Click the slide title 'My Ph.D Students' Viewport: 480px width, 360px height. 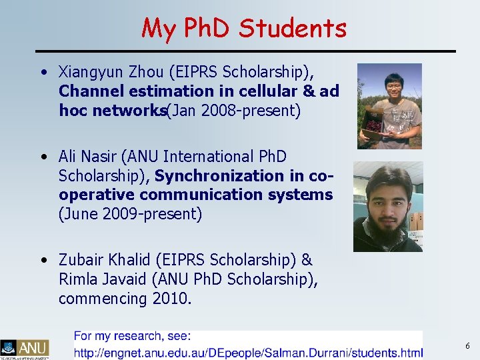click(x=244, y=28)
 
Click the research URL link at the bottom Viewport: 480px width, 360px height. click(x=248, y=352)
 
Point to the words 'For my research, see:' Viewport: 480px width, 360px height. click(x=132, y=337)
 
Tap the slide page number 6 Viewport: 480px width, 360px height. click(x=467, y=346)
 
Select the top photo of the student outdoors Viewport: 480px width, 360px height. click(x=389, y=106)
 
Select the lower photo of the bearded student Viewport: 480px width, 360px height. click(x=387, y=207)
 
